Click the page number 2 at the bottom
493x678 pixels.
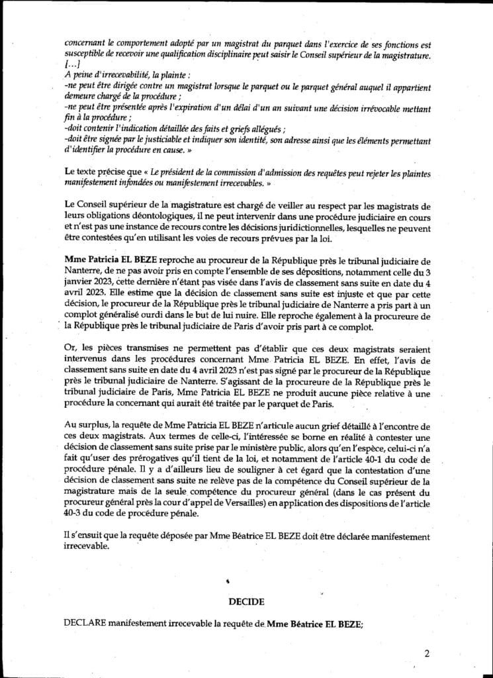pyautogui.click(x=427, y=654)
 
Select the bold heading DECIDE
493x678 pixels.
pyautogui.click(x=246, y=602)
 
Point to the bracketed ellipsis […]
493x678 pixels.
pyautogui.click(x=72, y=64)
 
